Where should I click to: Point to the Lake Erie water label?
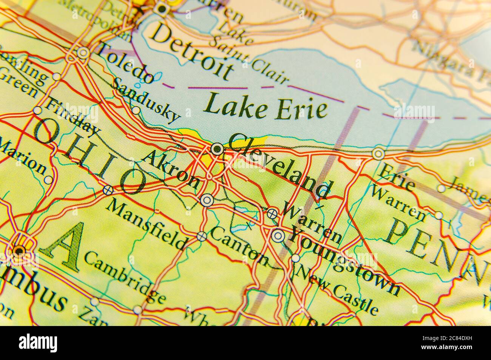tap(266, 106)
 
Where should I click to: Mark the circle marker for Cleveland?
tap(217, 149)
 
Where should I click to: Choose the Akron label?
tap(172, 170)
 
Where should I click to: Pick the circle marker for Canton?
tap(202, 236)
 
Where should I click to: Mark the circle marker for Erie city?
tap(378, 153)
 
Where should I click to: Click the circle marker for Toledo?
tap(83, 53)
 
